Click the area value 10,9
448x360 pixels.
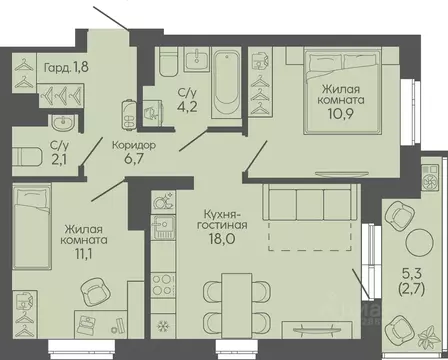pyautogui.click(x=340, y=114)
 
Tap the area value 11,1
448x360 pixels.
pyautogui.click(x=83, y=254)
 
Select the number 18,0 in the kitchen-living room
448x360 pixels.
pyautogui.click(x=222, y=239)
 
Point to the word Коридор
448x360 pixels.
pyautogui.click(x=134, y=145)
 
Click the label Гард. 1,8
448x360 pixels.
pyautogui.click(x=66, y=68)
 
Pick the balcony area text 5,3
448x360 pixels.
pyautogui.click(x=411, y=274)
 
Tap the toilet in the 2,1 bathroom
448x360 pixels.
pyautogui.click(x=27, y=157)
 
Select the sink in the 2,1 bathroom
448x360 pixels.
pyautogui.click(x=64, y=122)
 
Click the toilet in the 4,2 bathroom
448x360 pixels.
pyautogui.click(x=168, y=62)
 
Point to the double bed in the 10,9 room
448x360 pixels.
pyautogui.click(x=342, y=91)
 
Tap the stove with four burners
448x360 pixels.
pyautogui.click(x=163, y=286)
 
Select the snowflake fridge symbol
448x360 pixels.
pyautogui.click(x=163, y=325)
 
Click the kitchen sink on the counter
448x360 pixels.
pyautogui.click(x=163, y=227)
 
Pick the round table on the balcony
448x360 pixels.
pyautogui.click(x=420, y=241)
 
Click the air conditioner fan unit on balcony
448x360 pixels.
pyautogui.click(x=432, y=177)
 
